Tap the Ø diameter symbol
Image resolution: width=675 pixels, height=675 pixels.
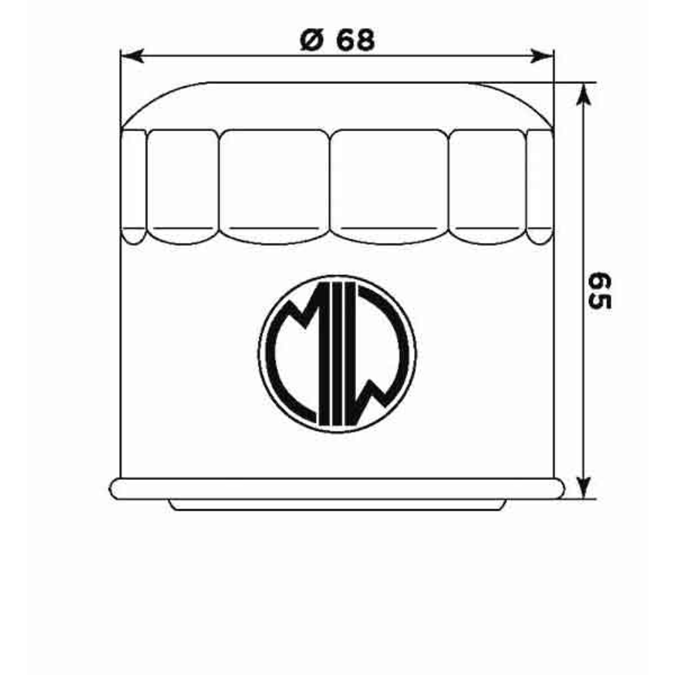[x=312, y=41]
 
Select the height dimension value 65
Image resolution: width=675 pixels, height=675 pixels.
[x=599, y=291]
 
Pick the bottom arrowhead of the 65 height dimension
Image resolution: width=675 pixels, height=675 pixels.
[x=584, y=488]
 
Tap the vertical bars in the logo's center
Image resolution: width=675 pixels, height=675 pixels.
[x=336, y=353]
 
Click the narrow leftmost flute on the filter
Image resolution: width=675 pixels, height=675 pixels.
[x=133, y=186]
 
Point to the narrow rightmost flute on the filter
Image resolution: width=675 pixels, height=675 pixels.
[x=539, y=186]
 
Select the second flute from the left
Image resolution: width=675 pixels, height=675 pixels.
[x=182, y=186]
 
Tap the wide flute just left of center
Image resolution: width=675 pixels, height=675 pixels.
[x=274, y=186]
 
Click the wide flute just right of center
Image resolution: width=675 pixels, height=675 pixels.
[x=389, y=186]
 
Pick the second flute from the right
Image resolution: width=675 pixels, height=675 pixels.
[x=487, y=186]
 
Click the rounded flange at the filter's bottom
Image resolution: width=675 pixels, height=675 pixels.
[x=336, y=488]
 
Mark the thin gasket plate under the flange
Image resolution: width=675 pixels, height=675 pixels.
[x=337, y=504]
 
